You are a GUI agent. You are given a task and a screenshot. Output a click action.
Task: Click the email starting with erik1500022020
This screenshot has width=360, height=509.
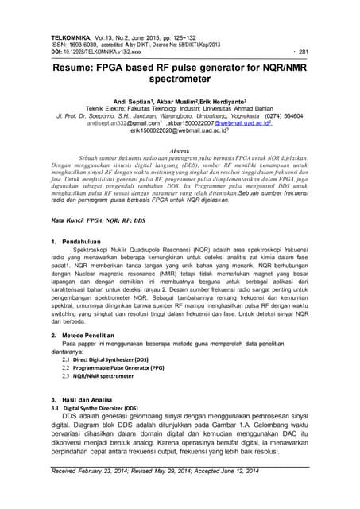tap(179, 130)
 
